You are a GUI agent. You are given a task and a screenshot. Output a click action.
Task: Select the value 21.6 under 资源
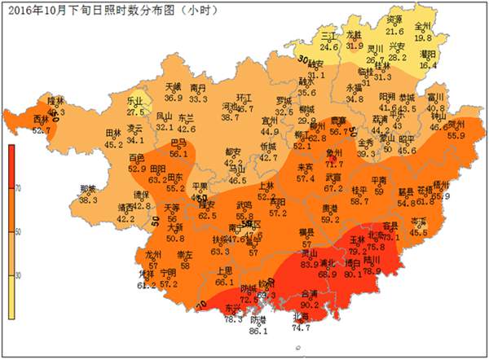(x=394, y=31)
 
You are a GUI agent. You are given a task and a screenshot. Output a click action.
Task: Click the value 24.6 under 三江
(x=329, y=46)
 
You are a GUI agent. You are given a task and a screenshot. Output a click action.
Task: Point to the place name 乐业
(x=135, y=101)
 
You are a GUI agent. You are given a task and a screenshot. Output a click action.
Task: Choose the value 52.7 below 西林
(x=41, y=130)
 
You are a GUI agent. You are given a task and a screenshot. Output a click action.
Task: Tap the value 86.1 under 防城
(x=258, y=331)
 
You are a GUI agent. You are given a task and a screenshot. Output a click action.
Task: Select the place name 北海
(x=301, y=317)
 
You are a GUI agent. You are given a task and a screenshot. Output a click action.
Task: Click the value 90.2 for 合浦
(x=310, y=304)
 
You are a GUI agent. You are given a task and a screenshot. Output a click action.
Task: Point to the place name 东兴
(x=232, y=309)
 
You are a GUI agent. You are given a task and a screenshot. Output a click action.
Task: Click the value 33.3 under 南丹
(x=197, y=98)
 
